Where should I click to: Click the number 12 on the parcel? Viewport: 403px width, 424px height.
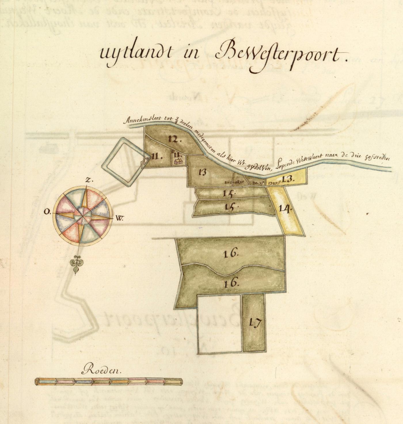point(174,140)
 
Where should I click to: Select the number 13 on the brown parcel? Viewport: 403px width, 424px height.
point(202,172)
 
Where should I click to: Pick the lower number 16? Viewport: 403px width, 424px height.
point(231,283)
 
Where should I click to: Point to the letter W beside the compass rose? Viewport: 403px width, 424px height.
point(119,218)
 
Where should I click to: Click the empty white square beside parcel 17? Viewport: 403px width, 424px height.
point(219,324)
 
